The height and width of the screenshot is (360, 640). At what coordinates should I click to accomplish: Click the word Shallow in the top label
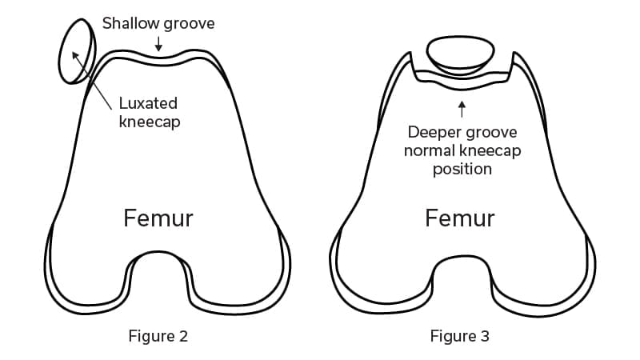click(130, 23)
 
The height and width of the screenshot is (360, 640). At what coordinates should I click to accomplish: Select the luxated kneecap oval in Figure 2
click(77, 50)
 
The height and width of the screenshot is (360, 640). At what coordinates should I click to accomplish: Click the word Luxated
click(148, 104)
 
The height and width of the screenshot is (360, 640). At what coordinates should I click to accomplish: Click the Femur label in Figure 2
click(158, 218)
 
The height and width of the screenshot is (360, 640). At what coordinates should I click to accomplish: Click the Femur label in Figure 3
click(459, 218)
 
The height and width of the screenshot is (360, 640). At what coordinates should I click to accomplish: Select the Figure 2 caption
click(158, 336)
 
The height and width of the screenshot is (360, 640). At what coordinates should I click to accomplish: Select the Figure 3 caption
click(459, 336)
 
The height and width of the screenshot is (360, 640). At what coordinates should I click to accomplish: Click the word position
click(462, 170)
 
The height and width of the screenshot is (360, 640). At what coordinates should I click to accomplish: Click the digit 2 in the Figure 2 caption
click(184, 336)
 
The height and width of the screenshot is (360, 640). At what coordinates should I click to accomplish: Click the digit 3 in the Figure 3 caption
click(485, 336)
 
